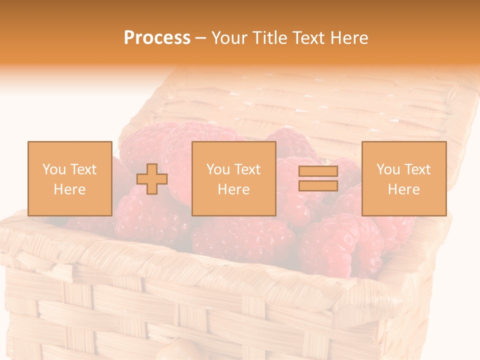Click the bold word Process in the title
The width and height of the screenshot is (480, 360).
(x=157, y=38)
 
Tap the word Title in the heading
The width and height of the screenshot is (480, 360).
(x=271, y=38)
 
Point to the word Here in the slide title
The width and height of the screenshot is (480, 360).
(x=349, y=38)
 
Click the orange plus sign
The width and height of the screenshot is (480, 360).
(x=152, y=179)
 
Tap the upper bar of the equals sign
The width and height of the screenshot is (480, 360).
(x=318, y=171)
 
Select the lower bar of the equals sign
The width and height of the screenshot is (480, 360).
(x=318, y=185)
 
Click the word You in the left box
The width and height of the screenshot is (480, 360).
(x=54, y=169)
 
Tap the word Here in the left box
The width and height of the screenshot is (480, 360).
(x=69, y=189)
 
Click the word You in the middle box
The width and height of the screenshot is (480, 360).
(x=218, y=169)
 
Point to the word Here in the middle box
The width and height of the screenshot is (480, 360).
(x=233, y=189)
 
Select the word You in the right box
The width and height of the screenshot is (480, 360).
(x=388, y=169)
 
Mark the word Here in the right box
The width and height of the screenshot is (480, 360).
(x=403, y=189)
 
